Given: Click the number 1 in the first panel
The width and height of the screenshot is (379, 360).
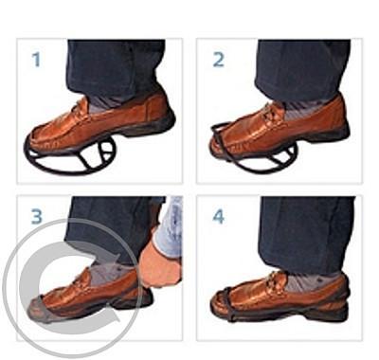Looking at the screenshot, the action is [x=37, y=60].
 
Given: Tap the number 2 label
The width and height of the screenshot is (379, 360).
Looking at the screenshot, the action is [x=219, y=60].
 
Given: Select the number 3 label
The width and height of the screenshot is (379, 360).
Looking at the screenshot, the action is [x=37, y=217].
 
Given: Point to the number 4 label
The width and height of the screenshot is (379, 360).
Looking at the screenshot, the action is [x=219, y=217].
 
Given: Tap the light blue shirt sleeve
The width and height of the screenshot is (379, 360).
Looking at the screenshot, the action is [x=169, y=227].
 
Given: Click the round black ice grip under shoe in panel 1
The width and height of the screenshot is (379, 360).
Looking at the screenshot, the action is [x=71, y=156].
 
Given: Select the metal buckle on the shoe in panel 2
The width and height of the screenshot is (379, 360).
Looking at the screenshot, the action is [x=273, y=113].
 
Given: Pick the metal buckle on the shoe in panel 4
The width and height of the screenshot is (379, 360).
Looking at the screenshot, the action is [x=274, y=282].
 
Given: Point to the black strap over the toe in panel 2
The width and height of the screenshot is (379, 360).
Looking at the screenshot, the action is [x=219, y=133].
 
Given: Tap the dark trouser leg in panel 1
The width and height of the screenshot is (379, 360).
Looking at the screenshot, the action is [x=116, y=68].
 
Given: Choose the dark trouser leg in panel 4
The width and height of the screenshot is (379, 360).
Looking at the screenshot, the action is [x=306, y=234].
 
